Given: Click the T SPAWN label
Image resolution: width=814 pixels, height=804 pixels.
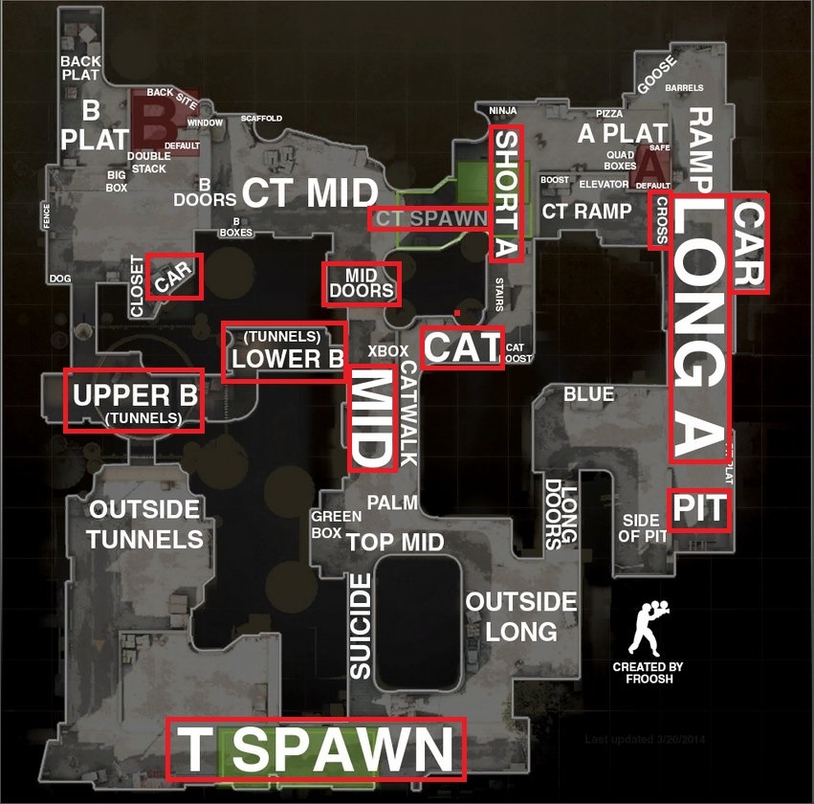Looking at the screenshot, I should point(316,749).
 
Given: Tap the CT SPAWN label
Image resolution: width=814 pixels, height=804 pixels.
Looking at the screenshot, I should point(431,218).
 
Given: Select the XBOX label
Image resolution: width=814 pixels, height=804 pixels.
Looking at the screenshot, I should point(388,351).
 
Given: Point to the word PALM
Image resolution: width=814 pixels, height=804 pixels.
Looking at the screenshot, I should point(393,502).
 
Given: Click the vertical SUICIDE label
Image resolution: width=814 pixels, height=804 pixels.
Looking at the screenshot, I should point(361,627).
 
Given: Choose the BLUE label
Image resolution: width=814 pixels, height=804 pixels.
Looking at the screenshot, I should point(589,393).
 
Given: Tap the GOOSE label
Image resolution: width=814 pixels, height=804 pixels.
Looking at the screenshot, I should point(656,75).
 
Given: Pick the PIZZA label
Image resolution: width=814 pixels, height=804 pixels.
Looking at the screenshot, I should point(609,114).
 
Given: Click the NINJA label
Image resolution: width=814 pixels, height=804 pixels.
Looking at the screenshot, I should point(502,111).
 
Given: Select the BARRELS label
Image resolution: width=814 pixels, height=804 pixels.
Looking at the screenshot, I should point(684,88).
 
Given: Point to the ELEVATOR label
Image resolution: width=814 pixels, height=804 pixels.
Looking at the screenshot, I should point(604,184).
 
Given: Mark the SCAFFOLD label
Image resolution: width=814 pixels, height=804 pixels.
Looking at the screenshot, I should point(261,119).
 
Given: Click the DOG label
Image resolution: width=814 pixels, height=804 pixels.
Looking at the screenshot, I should point(59,279).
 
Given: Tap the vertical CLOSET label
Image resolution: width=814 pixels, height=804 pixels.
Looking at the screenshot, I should point(137,286).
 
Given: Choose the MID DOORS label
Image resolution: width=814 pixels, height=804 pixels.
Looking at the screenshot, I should point(362,283).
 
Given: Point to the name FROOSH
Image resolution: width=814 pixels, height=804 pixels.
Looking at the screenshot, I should point(649,679).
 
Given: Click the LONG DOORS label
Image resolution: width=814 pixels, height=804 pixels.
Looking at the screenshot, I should point(561,514).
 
